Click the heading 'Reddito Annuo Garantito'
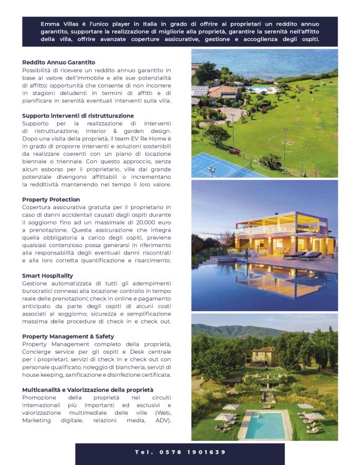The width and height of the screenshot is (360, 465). (x=58, y=62)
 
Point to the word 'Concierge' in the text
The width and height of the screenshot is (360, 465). (x=40, y=351)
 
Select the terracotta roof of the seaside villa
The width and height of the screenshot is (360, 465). (x=222, y=92)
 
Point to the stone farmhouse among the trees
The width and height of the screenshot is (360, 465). (x=263, y=356)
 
